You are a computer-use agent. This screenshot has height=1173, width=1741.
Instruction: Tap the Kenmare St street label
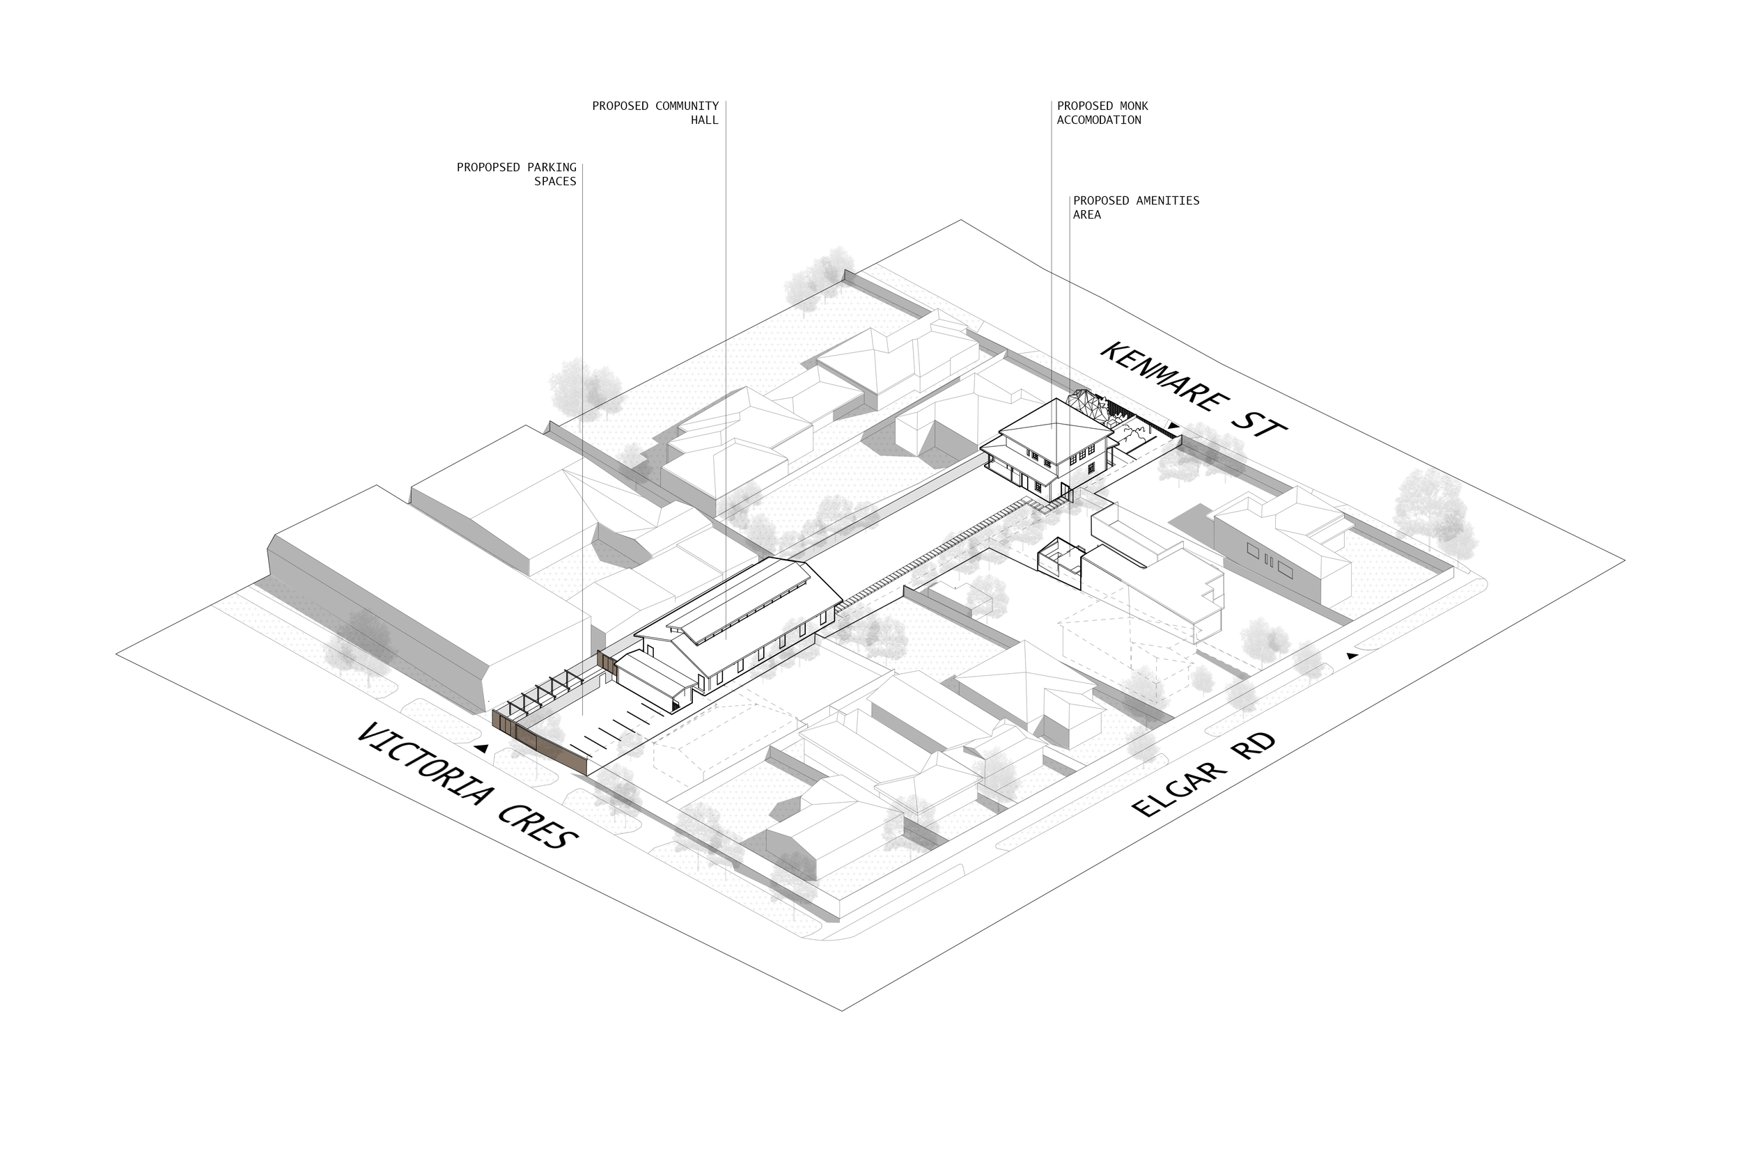pyautogui.click(x=1194, y=389)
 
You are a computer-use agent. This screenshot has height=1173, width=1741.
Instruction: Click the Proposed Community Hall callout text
pyautogui.click(x=655, y=113)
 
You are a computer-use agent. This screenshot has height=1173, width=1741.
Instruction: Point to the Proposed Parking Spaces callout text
pyautogui.click(x=517, y=174)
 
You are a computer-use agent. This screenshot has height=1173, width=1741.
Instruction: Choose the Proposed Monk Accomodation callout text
pyautogui.click(x=1102, y=113)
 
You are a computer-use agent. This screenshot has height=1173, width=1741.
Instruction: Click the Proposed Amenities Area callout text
pyautogui.click(x=1136, y=207)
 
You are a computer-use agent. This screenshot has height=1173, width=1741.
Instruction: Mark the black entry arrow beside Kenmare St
pyautogui.click(x=1174, y=427)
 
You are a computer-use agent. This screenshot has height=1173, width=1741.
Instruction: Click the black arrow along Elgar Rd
pyautogui.click(x=1351, y=655)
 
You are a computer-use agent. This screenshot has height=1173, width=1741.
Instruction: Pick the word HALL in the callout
pyautogui.click(x=704, y=120)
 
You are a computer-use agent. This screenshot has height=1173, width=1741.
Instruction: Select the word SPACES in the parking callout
pyautogui.click(x=555, y=182)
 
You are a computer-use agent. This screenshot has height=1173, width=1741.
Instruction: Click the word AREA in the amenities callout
pyautogui.click(x=1087, y=214)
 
